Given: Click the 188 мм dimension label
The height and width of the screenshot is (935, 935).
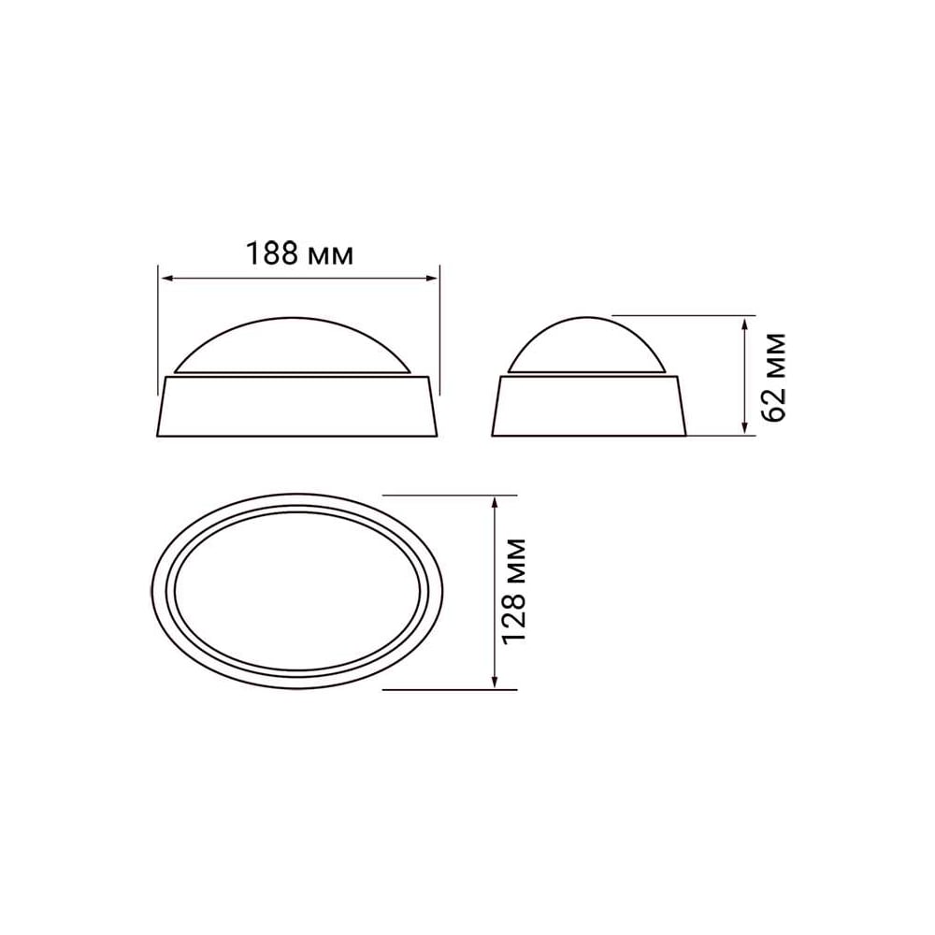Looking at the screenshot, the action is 300,254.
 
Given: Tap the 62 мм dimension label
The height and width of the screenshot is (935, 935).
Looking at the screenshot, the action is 774,377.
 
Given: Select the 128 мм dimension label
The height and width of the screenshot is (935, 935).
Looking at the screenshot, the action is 514,591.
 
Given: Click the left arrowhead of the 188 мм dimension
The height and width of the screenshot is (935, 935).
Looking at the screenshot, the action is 167,278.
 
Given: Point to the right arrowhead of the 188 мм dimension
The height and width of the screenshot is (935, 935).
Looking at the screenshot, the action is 432,278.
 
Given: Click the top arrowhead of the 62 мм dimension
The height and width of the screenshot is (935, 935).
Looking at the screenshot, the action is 744,324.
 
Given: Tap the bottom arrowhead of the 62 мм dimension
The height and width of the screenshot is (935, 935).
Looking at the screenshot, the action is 744,427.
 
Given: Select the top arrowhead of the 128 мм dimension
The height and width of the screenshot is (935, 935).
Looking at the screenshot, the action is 494,503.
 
